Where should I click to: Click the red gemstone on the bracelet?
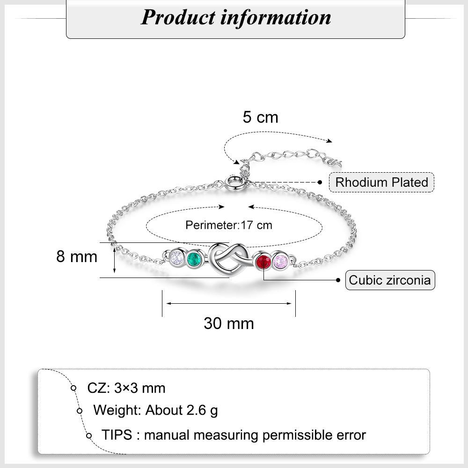tap(263, 262)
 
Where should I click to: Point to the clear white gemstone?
tap(176, 257)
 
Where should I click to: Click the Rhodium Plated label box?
tap(381, 182)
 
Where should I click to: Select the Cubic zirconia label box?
tap(390, 280)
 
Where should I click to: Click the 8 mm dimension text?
tap(77, 256)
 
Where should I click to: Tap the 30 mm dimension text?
tap(228, 323)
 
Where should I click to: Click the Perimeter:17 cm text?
tap(228, 225)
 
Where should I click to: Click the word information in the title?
tap(276, 17)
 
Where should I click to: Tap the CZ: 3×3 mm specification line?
tap(126, 388)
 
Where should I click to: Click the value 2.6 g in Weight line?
tap(202, 410)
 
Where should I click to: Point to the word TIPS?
tap(117, 435)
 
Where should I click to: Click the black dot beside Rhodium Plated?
tap(321, 182)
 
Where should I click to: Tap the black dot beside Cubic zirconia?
tap(338, 280)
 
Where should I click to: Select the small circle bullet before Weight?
tap(80, 411)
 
